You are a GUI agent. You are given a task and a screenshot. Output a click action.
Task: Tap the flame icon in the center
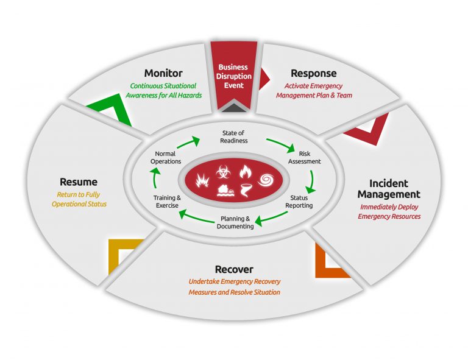[x=245, y=172]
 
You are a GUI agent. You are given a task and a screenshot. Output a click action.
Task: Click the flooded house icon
[x=225, y=191]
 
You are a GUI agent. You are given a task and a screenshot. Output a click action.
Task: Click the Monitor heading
[x=163, y=74]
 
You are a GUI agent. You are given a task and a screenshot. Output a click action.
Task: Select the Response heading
[x=313, y=74]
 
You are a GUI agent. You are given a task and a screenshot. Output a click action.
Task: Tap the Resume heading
[x=79, y=182]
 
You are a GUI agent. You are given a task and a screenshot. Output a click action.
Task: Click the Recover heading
[x=234, y=269]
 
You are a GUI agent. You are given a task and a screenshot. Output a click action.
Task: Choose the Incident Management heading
[x=389, y=189]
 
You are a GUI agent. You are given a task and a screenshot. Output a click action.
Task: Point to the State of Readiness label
[x=234, y=136]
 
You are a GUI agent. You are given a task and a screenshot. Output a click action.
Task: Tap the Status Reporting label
[x=299, y=202]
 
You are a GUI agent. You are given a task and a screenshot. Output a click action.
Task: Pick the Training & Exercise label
[x=166, y=202]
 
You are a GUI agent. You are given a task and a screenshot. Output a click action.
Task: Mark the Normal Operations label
[x=166, y=158]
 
